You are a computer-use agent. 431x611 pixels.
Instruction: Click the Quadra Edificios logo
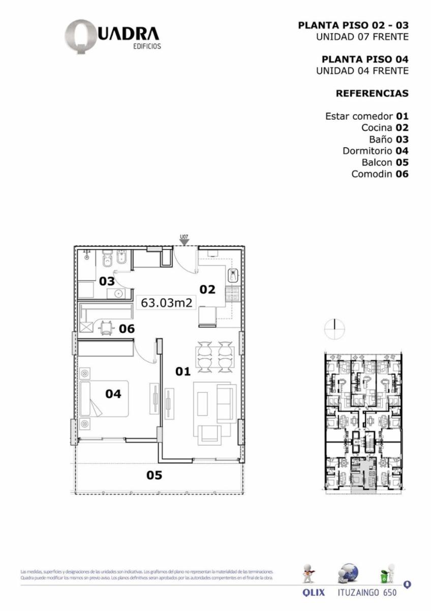(x=112, y=36)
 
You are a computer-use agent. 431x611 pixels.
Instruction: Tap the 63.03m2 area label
(x=166, y=302)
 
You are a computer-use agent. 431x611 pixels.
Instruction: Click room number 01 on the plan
(x=183, y=372)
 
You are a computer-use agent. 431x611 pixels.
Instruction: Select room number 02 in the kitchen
(x=207, y=289)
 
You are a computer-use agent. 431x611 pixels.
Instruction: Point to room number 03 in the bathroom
(x=106, y=281)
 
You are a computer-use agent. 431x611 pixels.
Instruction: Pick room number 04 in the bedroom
(x=113, y=394)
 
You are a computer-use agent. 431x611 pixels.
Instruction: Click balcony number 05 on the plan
(x=155, y=475)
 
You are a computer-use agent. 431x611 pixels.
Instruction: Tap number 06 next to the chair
(x=127, y=329)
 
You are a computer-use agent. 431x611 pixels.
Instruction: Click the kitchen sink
(x=233, y=275)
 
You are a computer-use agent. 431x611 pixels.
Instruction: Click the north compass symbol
(x=334, y=329)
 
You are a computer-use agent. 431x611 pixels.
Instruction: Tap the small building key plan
(x=362, y=423)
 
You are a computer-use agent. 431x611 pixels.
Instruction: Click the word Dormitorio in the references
(x=367, y=151)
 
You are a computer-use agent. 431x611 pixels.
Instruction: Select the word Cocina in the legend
(x=377, y=127)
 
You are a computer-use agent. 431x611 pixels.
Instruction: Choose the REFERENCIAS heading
(x=372, y=94)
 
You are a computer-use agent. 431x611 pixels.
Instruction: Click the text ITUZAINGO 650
(x=367, y=593)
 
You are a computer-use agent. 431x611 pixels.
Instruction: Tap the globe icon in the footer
(x=348, y=574)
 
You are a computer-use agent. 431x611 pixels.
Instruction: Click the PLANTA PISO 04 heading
(x=365, y=60)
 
